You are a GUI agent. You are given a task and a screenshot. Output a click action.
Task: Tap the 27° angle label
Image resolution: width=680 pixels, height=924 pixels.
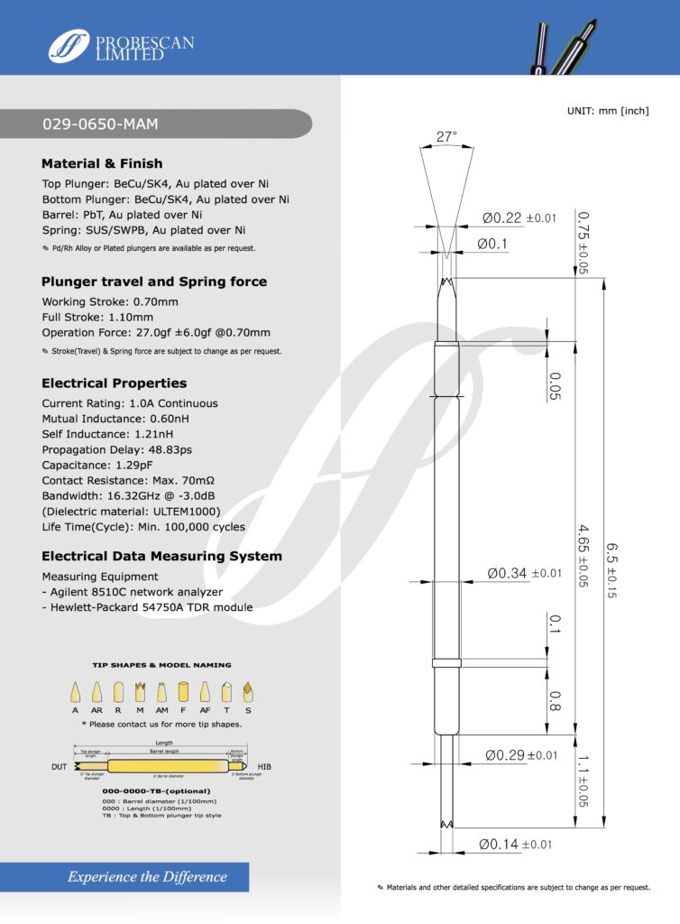pos(446,137)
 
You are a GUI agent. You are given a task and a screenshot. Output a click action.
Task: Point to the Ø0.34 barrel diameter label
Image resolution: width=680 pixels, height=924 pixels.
pos(525,572)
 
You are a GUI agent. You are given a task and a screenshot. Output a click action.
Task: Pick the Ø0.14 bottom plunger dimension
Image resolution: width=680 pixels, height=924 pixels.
pos(515,845)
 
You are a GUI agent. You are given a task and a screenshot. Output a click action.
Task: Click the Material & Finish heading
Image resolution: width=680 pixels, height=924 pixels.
pos(102,163)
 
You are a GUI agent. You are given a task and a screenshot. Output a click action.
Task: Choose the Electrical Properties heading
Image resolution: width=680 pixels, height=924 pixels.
pos(114,383)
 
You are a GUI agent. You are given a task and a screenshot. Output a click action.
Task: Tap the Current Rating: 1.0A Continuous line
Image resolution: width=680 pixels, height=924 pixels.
pos(130,403)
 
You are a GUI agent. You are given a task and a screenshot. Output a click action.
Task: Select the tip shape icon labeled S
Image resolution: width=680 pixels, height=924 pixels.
pos(249,692)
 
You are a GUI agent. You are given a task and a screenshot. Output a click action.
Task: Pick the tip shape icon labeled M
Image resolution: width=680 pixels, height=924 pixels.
pos(140,692)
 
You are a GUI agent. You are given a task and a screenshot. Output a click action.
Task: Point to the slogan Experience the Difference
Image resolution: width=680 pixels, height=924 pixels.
pos(148,876)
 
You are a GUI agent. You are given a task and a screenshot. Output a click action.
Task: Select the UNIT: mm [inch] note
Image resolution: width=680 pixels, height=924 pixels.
pos(608,110)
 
